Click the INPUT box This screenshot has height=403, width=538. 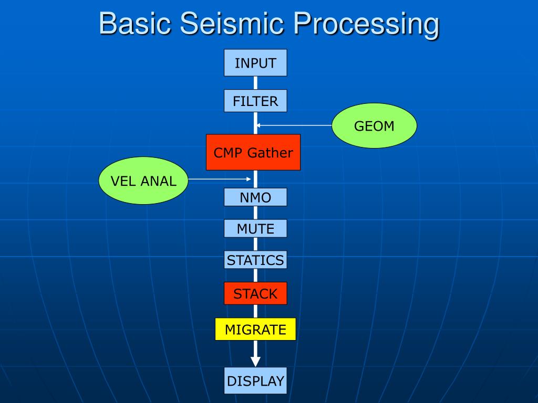pyautogui.click(x=255, y=63)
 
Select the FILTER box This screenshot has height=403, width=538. pyautogui.click(x=255, y=101)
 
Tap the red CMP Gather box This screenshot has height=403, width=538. pyautogui.click(x=253, y=152)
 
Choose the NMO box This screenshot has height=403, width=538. pyautogui.click(x=255, y=197)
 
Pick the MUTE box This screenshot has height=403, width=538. pyautogui.click(x=255, y=228)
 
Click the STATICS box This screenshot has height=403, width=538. pyautogui.click(x=255, y=260)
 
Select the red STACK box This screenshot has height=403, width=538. pyautogui.click(x=255, y=293)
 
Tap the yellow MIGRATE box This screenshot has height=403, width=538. pyautogui.click(x=255, y=329)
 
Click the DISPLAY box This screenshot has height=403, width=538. pyautogui.click(x=255, y=380)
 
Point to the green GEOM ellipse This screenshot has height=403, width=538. pyautogui.click(x=374, y=125)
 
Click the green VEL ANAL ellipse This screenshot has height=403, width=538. pyautogui.click(x=143, y=181)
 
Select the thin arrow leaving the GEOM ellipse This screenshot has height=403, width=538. pyautogui.click(x=294, y=125)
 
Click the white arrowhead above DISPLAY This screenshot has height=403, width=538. pyautogui.click(x=255, y=361)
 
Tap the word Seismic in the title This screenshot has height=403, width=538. pyautogui.click(x=231, y=24)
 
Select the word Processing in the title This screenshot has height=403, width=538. pyautogui.click(x=366, y=25)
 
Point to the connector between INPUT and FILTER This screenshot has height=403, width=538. pyautogui.click(x=255, y=83)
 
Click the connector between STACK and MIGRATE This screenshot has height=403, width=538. pyautogui.click(x=255, y=311)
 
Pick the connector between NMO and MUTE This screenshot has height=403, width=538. pyautogui.click(x=255, y=213)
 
